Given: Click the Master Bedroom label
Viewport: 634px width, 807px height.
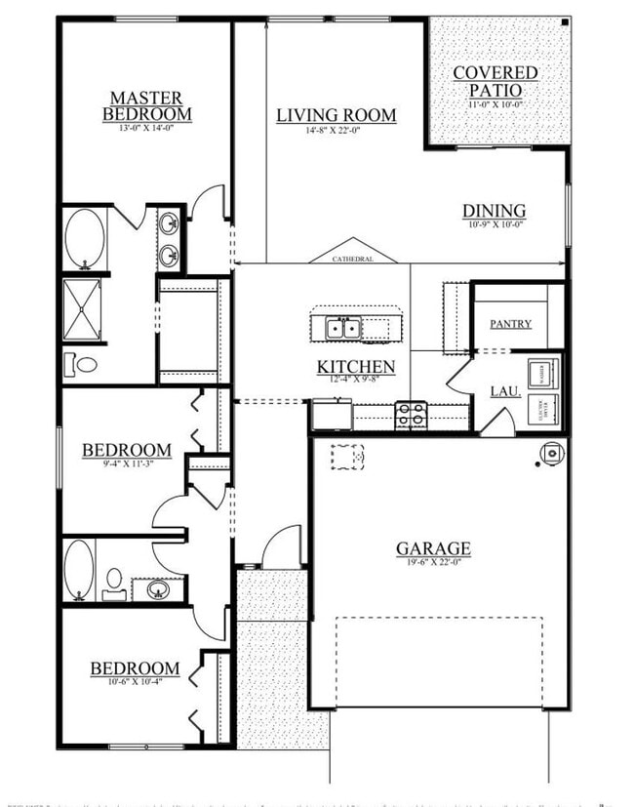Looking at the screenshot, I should click(x=146, y=105).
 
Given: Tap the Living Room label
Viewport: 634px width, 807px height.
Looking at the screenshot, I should click(x=336, y=115).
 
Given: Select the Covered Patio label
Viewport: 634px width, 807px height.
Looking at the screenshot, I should click(x=495, y=81).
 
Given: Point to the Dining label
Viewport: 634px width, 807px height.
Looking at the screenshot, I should click(x=494, y=211).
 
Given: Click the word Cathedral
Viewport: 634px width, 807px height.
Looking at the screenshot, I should click(x=353, y=260).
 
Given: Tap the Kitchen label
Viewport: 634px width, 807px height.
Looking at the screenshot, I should click(x=355, y=367).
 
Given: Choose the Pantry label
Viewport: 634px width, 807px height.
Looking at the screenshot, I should click(x=510, y=323).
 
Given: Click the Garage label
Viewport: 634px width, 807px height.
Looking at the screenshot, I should click(x=433, y=548).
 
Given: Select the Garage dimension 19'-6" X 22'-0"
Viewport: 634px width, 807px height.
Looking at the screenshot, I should click(x=433, y=563).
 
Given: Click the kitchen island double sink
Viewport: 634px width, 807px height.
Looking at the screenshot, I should click(x=342, y=329).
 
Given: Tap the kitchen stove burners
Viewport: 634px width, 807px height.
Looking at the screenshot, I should click(x=411, y=415).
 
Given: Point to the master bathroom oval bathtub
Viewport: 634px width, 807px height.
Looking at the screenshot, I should click(x=84, y=238).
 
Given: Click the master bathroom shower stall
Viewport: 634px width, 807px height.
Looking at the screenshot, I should click(x=83, y=309).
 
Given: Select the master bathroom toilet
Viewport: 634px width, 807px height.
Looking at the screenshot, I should click(x=83, y=364).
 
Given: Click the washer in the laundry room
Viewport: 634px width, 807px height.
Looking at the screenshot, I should click(x=541, y=374).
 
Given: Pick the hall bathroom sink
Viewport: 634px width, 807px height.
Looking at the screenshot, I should click(x=157, y=588).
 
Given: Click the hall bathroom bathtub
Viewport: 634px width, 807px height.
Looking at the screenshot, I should click(x=78, y=570).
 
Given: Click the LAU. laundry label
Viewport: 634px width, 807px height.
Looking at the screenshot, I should click(x=503, y=392).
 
